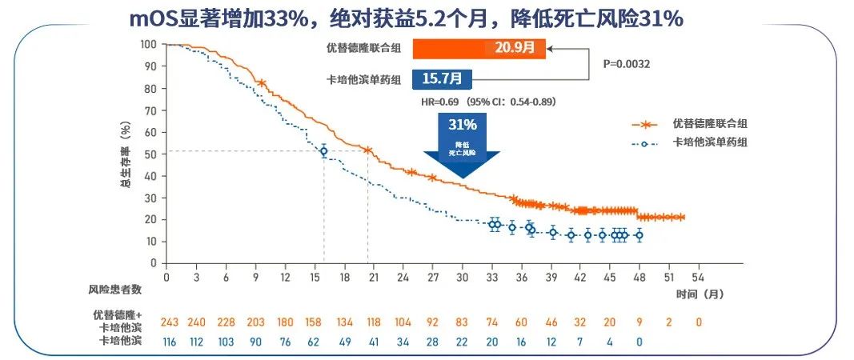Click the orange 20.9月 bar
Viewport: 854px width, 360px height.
[479, 49]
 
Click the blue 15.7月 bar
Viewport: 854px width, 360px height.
[442, 79]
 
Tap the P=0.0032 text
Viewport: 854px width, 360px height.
[626, 63]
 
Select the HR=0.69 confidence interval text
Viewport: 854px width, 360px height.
[488, 102]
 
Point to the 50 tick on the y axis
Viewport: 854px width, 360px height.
[150, 154]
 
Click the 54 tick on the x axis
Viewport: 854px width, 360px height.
[697, 276]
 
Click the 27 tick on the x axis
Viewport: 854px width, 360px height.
[432, 276]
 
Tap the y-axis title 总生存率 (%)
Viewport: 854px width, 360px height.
[124, 154]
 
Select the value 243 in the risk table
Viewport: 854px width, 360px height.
[169, 322]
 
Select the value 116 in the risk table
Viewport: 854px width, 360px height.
[168, 342]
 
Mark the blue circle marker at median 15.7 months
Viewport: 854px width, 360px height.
[323, 151]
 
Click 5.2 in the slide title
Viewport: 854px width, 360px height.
[464, 17]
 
